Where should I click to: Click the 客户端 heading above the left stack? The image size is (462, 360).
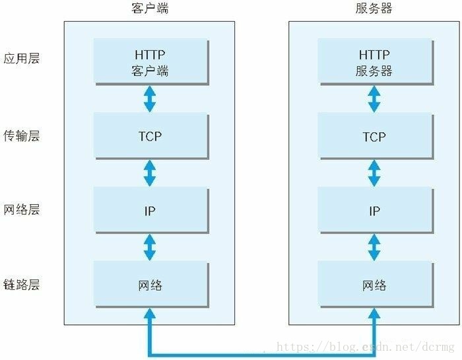pos(149,9)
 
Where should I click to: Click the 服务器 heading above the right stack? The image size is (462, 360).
pos(374,9)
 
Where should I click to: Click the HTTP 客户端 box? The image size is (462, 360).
pos(150,61)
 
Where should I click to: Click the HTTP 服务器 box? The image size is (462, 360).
pos(374,61)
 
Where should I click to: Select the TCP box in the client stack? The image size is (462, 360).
pos(150,136)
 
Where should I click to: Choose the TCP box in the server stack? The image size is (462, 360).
pos(374,136)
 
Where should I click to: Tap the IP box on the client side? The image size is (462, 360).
pos(150,211)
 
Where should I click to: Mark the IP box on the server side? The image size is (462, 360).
pos(374,211)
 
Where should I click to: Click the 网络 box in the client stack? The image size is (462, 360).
pos(150,285)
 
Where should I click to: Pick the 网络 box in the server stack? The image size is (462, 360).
pos(374,285)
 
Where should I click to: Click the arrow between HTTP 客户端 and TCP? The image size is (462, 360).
pos(150,98)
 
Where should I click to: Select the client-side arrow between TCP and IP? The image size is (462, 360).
pos(150,173)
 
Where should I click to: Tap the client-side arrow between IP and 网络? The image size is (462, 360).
pos(150,248)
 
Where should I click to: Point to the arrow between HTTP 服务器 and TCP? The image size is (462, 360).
pos(374,98)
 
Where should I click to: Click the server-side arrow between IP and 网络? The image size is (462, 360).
pos(374,248)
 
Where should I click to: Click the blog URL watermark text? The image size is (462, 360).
pos(366,347)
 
